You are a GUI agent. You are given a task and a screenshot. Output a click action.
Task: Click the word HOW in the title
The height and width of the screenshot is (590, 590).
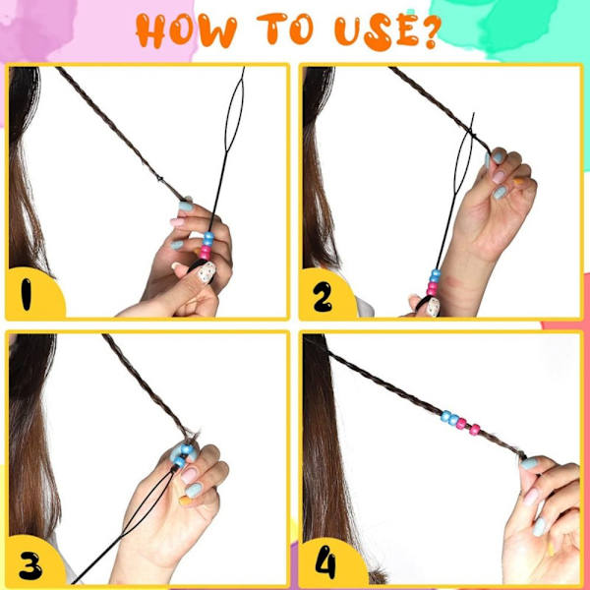click(186, 30)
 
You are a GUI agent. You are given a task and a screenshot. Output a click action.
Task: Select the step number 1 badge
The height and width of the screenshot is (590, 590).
click(34, 293)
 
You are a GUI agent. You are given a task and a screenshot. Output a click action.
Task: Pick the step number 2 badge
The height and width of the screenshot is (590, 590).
click(326, 294)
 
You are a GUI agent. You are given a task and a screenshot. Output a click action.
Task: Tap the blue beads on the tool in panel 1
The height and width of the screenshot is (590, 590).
click(208, 239)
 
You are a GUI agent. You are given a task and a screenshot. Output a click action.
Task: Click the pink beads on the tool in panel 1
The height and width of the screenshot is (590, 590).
click(206, 253)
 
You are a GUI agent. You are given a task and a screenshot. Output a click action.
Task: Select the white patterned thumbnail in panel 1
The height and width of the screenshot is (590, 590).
click(206, 272)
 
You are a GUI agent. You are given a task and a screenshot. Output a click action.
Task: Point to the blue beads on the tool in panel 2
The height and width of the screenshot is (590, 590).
click(435, 276)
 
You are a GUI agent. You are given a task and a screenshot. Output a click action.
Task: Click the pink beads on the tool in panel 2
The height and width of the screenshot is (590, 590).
click(433, 289)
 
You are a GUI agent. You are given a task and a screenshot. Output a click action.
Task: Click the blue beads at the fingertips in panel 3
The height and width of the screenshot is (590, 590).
click(183, 455)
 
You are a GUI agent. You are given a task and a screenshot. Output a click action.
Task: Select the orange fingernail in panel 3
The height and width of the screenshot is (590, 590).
click(185, 501)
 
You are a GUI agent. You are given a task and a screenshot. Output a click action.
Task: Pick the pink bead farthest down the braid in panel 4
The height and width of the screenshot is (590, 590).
click(475, 430)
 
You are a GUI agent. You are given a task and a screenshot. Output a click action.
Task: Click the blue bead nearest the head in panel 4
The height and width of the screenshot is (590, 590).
click(445, 416)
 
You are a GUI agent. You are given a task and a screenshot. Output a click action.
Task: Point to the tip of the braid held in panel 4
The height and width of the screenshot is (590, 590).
click(523, 457)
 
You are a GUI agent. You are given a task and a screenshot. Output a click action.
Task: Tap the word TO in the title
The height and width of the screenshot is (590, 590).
click(285, 29)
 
